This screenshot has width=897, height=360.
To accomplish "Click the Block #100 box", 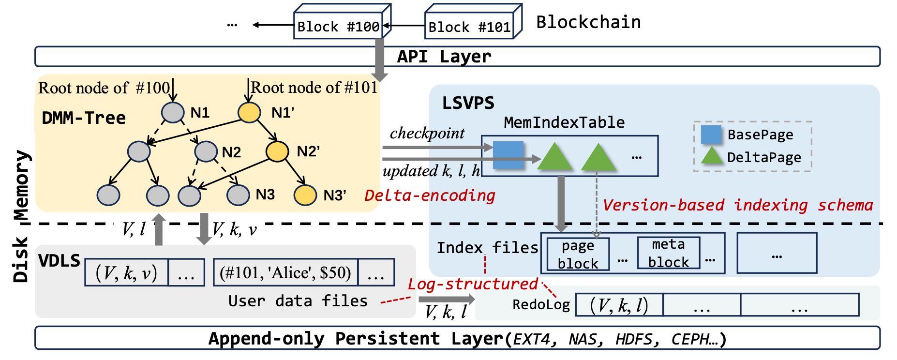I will pyautogui.click(x=338, y=27).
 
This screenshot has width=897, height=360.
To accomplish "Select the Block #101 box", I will pyautogui.click(x=469, y=27).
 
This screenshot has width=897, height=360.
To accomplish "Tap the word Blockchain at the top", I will pyautogui.click(x=588, y=22).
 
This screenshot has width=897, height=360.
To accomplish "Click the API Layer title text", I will pyautogui.click(x=444, y=57).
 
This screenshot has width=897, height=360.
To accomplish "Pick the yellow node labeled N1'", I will pyautogui.click(x=249, y=112).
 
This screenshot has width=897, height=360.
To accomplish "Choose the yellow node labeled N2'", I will pyautogui.click(x=277, y=151).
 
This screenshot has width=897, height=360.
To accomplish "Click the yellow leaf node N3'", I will pyautogui.click(x=305, y=195).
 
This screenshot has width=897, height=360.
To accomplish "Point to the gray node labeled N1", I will pyautogui.click(x=173, y=112).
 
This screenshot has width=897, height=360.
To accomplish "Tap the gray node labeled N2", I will pyautogui.click(x=206, y=151).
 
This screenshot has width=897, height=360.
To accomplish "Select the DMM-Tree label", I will pyautogui.click(x=84, y=118).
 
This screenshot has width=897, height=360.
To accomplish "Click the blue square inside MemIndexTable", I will pyautogui.click(x=508, y=155).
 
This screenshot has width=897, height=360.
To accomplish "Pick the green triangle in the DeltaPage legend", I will pyautogui.click(x=712, y=156).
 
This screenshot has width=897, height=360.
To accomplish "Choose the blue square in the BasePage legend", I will pyautogui.click(x=711, y=135).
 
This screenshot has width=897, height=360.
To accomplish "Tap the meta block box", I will pyautogui.click(x=668, y=253).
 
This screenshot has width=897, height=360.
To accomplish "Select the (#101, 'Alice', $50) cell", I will pyautogui.click(x=285, y=273).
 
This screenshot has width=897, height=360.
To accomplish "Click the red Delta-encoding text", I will pyautogui.click(x=430, y=195).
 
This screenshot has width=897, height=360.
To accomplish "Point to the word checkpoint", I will pyautogui.click(x=427, y=133).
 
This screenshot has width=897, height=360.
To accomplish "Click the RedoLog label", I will pyautogui.click(x=541, y=305).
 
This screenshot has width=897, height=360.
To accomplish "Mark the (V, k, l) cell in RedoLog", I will pyautogui.click(x=619, y=305).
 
